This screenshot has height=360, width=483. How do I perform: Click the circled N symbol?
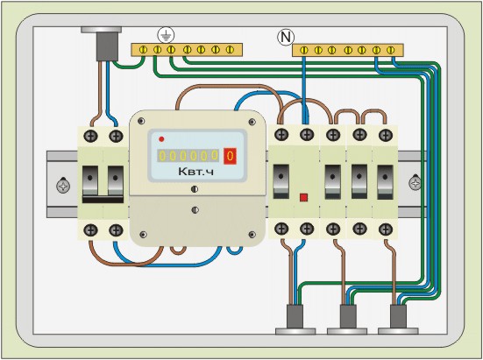coord(286,37)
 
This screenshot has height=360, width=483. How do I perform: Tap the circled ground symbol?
coord(166,35)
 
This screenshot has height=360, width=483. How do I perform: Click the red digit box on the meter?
coord(230,156)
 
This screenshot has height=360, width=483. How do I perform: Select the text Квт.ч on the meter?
coord(195,172)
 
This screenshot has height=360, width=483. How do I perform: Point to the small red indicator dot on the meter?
coord(161,139)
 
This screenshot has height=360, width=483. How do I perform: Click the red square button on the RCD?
coord(303,197)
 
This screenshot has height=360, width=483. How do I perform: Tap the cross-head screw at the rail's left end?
coord(63,186)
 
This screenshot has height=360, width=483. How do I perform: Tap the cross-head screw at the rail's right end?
coord(416,183)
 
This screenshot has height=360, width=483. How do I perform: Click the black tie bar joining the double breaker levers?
coord(103,200)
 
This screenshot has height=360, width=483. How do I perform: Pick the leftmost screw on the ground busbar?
coord(143,50)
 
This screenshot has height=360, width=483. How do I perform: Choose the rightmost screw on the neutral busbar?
coord(391,50)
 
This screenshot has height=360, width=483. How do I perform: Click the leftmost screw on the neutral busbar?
coord(304,50)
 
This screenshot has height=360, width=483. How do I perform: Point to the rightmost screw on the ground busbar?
coord(230,50)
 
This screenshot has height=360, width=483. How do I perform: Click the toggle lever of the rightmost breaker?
coord(385,182)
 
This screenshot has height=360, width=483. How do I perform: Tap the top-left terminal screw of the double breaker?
coord(90,136)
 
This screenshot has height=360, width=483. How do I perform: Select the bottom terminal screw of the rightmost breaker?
coord(386,229)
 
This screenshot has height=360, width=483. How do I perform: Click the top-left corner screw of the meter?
coord(141,121)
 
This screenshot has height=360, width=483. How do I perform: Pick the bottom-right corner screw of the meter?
coord(252,235)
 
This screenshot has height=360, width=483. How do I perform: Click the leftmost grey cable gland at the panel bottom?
coord(295,319)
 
